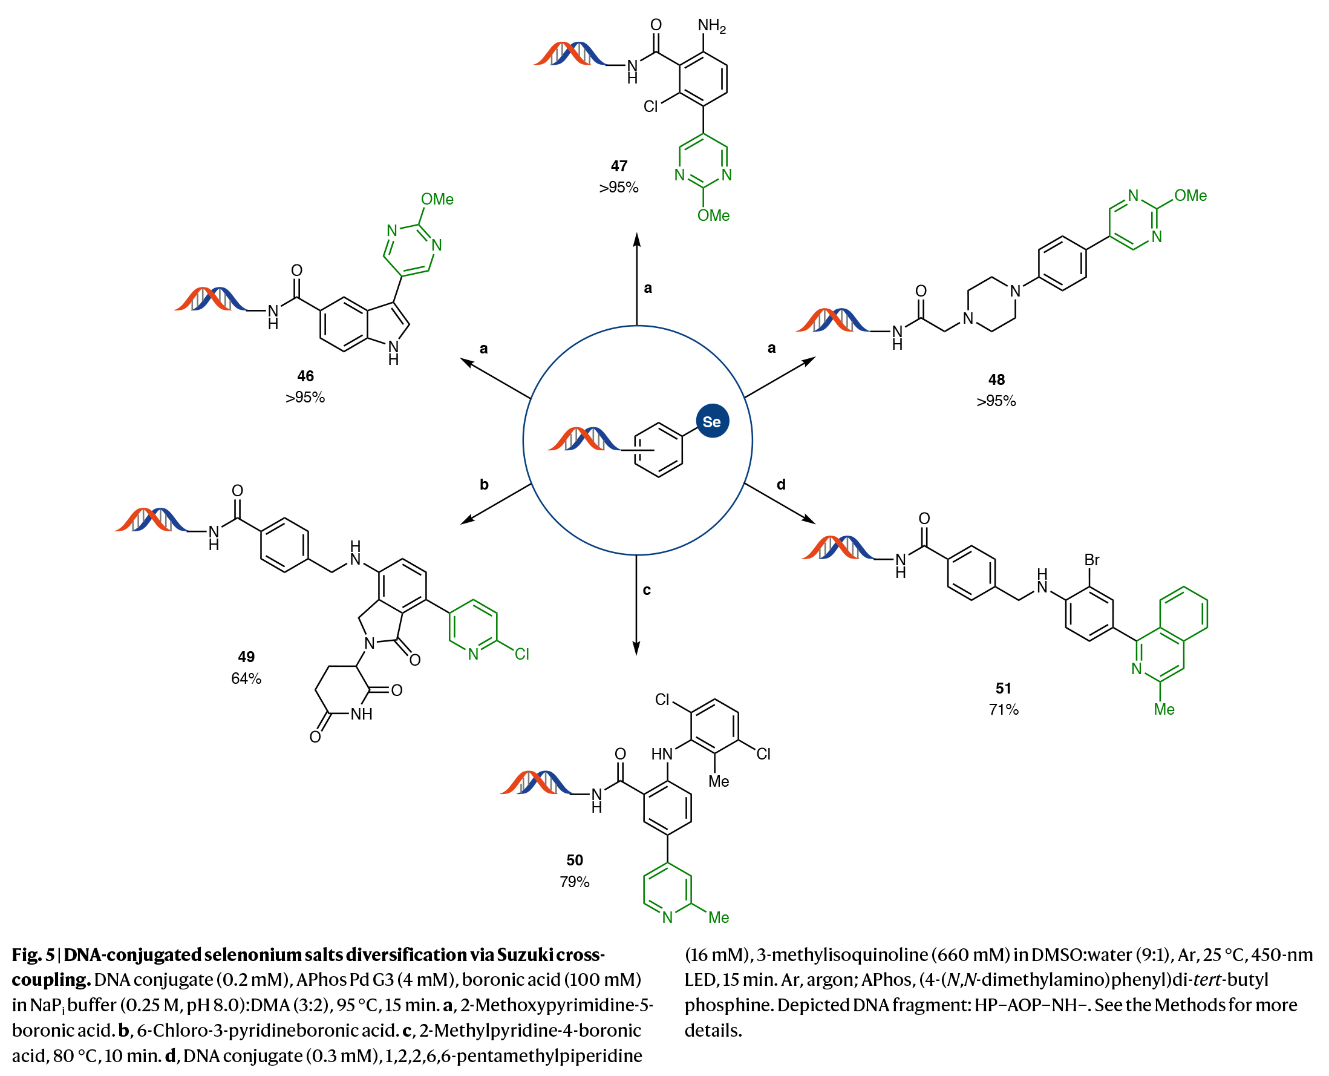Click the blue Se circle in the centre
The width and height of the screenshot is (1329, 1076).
tap(712, 421)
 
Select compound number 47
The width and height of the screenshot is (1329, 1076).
tap(618, 165)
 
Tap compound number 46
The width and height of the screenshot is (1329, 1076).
tap(305, 376)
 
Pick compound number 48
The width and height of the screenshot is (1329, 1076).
tap(996, 379)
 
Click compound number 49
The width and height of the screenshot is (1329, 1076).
tap(246, 657)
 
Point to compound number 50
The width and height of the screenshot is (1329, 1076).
tap(574, 860)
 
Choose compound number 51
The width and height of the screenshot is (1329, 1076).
tap(1003, 688)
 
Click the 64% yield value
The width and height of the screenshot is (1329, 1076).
tap(246, 678)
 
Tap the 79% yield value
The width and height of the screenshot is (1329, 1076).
tap(574, 881)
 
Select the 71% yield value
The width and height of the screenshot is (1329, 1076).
tap(1003, 709)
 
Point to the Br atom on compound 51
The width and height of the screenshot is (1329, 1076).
tap(1092, 560)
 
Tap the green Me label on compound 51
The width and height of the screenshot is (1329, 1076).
tap(1164, 709)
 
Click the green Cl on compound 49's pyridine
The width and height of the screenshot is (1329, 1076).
tap(521, 654)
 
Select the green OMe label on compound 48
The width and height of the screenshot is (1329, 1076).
tap(1190, 195)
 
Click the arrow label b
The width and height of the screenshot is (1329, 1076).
tap(484, 484)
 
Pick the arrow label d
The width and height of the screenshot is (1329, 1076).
tap(781, 484)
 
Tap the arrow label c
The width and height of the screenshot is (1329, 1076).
tap(647, 589)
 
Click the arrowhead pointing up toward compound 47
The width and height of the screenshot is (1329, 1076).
tap(637, 238)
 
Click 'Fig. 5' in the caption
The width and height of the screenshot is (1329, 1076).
tap(33, 954)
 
